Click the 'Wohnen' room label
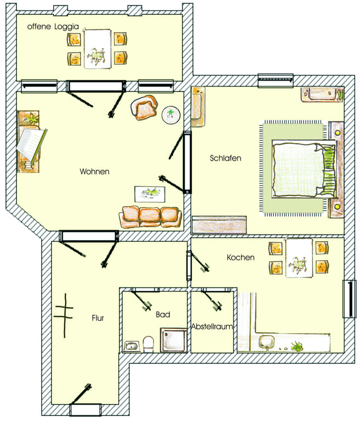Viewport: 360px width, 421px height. click(x=94, y=171)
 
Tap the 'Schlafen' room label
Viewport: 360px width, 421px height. click(x=226, y=158)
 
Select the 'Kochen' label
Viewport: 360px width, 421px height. click(x=241, y=257)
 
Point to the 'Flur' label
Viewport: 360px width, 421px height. click(x=98, y=318)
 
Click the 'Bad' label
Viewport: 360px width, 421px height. click(x=163, y=315)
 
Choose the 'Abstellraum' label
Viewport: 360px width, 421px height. click(x=212, y=327)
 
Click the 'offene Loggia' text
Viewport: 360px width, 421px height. click(x=53, y=26)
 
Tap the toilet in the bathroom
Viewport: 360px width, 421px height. click(x=148, y=344)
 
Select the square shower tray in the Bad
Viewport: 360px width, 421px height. click(x=174, y=340)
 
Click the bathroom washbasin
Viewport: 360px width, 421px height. click(x=132, y=346)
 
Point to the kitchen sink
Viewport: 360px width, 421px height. click(x=267, y=342)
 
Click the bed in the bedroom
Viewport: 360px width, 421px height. click(x=304, y=170)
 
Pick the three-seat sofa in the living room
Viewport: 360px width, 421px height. click(x=150, y=217)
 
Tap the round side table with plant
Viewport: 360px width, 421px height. click(x=171, y=115)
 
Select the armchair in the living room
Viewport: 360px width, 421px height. click(x=144, y=107)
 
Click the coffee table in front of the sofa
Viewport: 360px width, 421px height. click(x=150, y=194)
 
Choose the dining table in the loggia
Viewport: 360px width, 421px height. click(x=97, y=49)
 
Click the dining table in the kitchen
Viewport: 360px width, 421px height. click(x=299, y=258)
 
